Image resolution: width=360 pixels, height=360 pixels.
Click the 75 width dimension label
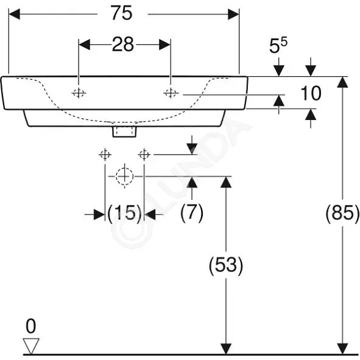pos(121,13)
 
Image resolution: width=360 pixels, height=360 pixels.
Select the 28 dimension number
pos(123,44)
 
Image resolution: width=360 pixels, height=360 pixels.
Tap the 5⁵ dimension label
pos(278,46)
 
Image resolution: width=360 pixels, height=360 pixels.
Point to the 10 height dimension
pos(311,93)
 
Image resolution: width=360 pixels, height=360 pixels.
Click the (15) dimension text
pos(124,214)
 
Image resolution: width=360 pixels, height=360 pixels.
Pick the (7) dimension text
pos(192,213)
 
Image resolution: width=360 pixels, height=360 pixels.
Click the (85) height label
pos(342,214)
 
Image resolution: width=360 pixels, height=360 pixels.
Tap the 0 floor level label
pos(31,326)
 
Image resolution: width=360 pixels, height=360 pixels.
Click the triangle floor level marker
pos(31,346)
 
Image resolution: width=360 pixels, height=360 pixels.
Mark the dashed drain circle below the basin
pos(124,176)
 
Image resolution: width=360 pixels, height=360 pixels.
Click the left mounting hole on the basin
pos(79,93)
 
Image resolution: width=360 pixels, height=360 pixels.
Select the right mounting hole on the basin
pos(171,93)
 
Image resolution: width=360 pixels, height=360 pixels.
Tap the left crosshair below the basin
pos(105,155)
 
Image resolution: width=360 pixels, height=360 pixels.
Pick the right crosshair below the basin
pos(144,155)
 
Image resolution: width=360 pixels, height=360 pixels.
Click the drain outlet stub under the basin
pos(124,132)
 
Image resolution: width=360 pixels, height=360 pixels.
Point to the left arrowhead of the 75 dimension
pos(14,14)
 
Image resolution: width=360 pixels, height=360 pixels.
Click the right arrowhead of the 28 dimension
pos(165,44)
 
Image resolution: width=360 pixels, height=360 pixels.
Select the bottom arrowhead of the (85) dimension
pos(342,348)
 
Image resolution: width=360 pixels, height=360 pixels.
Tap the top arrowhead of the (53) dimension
pos(226,182)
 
